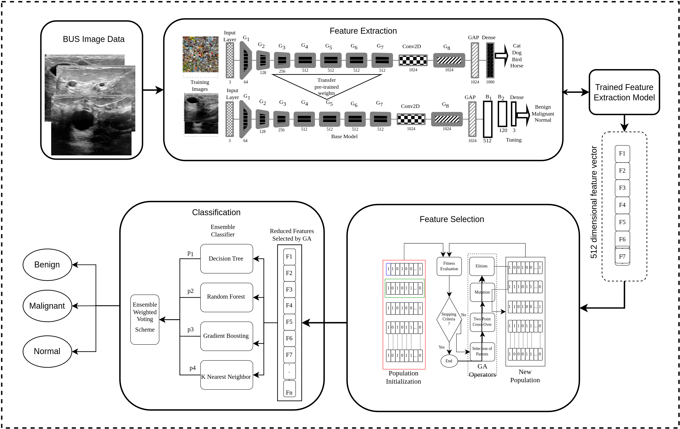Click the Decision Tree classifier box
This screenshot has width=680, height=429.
tap(226, 258)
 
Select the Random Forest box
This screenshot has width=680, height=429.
tap(226, 297)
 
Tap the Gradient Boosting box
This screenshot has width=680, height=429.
tap(226, 336)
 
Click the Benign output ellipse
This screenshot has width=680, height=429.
tap(47, 265)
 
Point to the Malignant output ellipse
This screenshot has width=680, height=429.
tap(47, 306)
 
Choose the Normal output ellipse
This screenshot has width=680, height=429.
tap(47, 351)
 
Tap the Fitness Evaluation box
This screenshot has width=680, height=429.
tap(449, 266)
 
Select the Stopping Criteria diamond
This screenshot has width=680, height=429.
tap(449, 319)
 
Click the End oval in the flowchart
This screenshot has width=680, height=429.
tap(449, 361)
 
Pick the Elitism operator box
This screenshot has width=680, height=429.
tap(481, 266)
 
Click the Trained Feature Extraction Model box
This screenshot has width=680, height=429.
tap(624, 92)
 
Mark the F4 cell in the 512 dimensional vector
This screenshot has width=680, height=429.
tap(622, 205)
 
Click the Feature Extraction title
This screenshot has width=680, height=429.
tap(363, 31)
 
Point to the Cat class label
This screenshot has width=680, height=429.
tap(517, 46)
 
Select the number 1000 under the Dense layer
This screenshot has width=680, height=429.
tap(490, 82)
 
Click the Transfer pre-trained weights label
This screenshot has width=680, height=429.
tap(326, 87)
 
